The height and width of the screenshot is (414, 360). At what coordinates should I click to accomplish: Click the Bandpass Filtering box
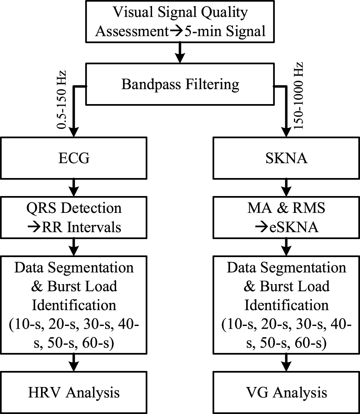(180, 85)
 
